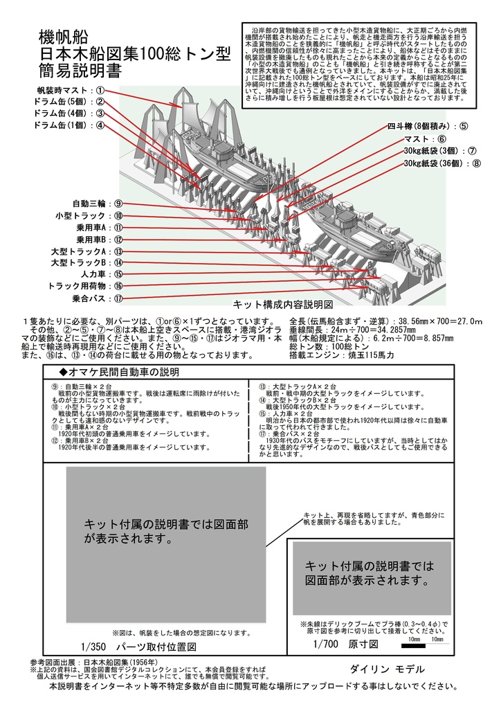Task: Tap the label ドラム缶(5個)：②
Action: click(x=69, y=102)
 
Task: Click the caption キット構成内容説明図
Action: click(x=284, y=305)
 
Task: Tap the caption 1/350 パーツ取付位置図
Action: click(x=138, y=647)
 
